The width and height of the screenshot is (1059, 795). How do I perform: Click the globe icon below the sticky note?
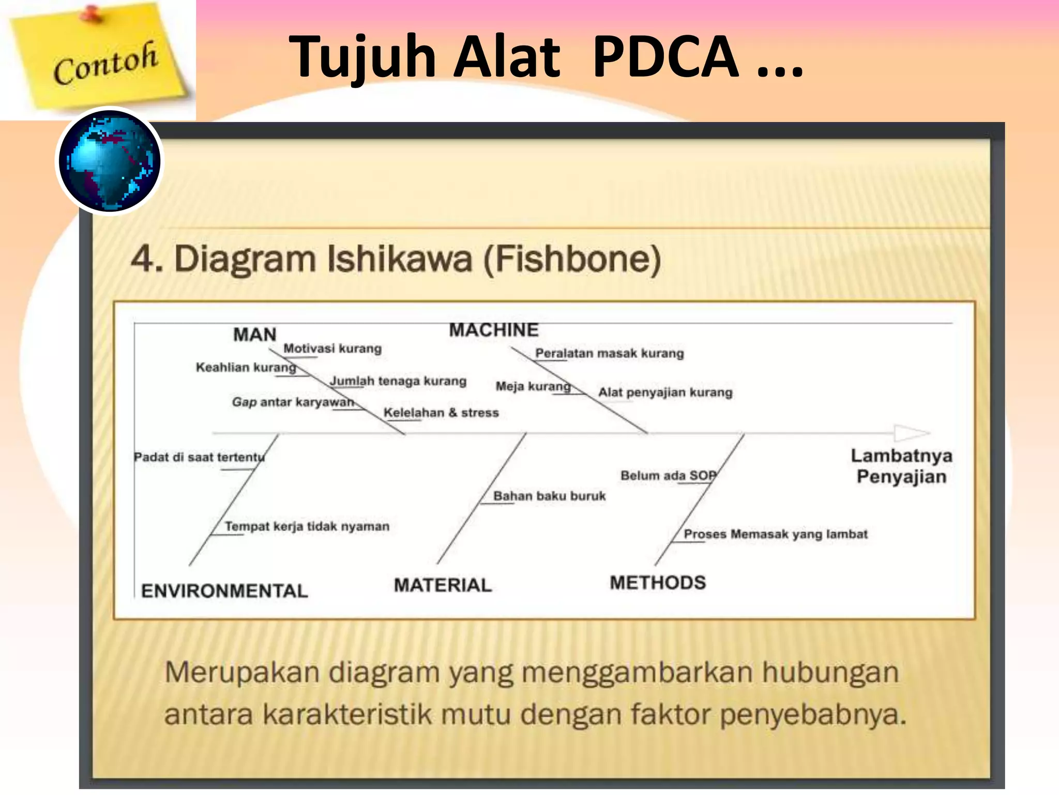tap(109, 161)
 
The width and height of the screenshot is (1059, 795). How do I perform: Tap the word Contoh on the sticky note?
tap(105, 63)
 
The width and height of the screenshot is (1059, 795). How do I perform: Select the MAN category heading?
tap(255, 334)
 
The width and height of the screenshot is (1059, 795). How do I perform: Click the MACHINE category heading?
tap(494, 330)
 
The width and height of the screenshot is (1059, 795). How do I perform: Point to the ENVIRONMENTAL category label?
tap(224, 591)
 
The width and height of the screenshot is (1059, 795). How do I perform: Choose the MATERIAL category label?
tap(443, 585)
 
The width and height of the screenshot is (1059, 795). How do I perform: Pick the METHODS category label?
tap(658, 583)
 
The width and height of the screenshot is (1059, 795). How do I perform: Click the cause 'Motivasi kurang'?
tap(332, 348)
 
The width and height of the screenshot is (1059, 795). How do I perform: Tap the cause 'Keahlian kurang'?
tap(246, 367)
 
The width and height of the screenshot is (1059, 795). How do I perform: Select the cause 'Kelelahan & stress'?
tap(441, 413)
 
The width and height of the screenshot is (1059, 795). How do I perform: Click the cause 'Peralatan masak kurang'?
tap(610, 353)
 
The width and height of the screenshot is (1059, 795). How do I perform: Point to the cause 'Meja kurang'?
tap(533, 386)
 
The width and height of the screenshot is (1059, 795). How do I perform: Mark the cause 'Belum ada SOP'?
tap(669, 475)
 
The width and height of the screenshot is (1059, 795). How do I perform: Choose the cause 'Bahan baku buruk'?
tap(549, 496)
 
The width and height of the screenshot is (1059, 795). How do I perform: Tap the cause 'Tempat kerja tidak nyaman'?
tap(307, 526)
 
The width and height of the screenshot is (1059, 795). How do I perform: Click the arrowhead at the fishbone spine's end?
tap(912, 433)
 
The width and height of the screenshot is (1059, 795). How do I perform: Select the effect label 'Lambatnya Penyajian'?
tap(902, 466)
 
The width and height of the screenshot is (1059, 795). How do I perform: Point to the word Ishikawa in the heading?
tap(400, 259)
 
